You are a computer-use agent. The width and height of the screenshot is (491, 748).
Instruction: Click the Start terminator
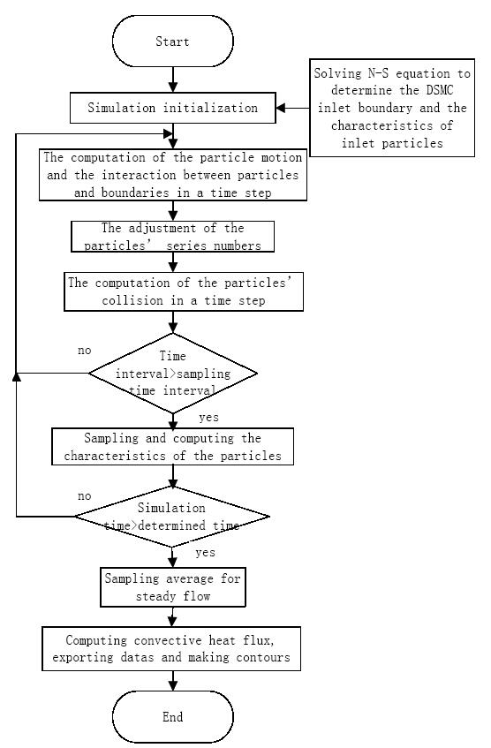point(173,41)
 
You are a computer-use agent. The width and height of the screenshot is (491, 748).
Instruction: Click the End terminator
point(173,716)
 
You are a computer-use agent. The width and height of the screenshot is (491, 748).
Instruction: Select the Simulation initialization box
point(173,108)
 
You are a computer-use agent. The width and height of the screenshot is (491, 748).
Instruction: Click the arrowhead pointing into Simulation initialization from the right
point(281,108)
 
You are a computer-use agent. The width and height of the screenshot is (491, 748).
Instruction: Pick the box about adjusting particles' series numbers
point(173,237)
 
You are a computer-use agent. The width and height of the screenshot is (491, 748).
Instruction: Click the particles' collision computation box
point(184,292)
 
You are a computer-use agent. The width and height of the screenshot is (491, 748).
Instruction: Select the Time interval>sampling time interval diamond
point(173,373)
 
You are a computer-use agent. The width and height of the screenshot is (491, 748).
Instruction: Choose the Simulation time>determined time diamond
point(172,516)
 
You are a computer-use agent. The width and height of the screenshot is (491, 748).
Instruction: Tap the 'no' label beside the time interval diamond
point(85,351)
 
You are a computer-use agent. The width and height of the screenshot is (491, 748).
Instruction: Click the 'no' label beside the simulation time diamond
point(85,496)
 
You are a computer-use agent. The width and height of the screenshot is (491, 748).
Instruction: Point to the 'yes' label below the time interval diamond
point(209,418)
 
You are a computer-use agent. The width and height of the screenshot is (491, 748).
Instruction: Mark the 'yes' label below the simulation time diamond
point(205,553)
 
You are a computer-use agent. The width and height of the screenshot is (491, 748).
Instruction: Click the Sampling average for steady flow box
point(173,587)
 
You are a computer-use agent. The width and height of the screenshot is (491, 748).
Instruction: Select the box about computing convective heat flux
point(171,649)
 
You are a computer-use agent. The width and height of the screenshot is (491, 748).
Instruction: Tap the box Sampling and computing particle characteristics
point(173,447)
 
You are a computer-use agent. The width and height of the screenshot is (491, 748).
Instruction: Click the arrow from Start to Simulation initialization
point(173,79)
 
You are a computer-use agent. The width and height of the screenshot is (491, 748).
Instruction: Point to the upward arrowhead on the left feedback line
point(16,377)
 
